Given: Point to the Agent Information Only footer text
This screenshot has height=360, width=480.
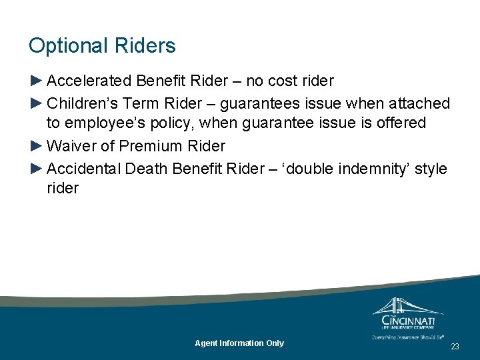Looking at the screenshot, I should click(239, 343).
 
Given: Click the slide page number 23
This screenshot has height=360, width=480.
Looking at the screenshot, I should click(455, 347).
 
